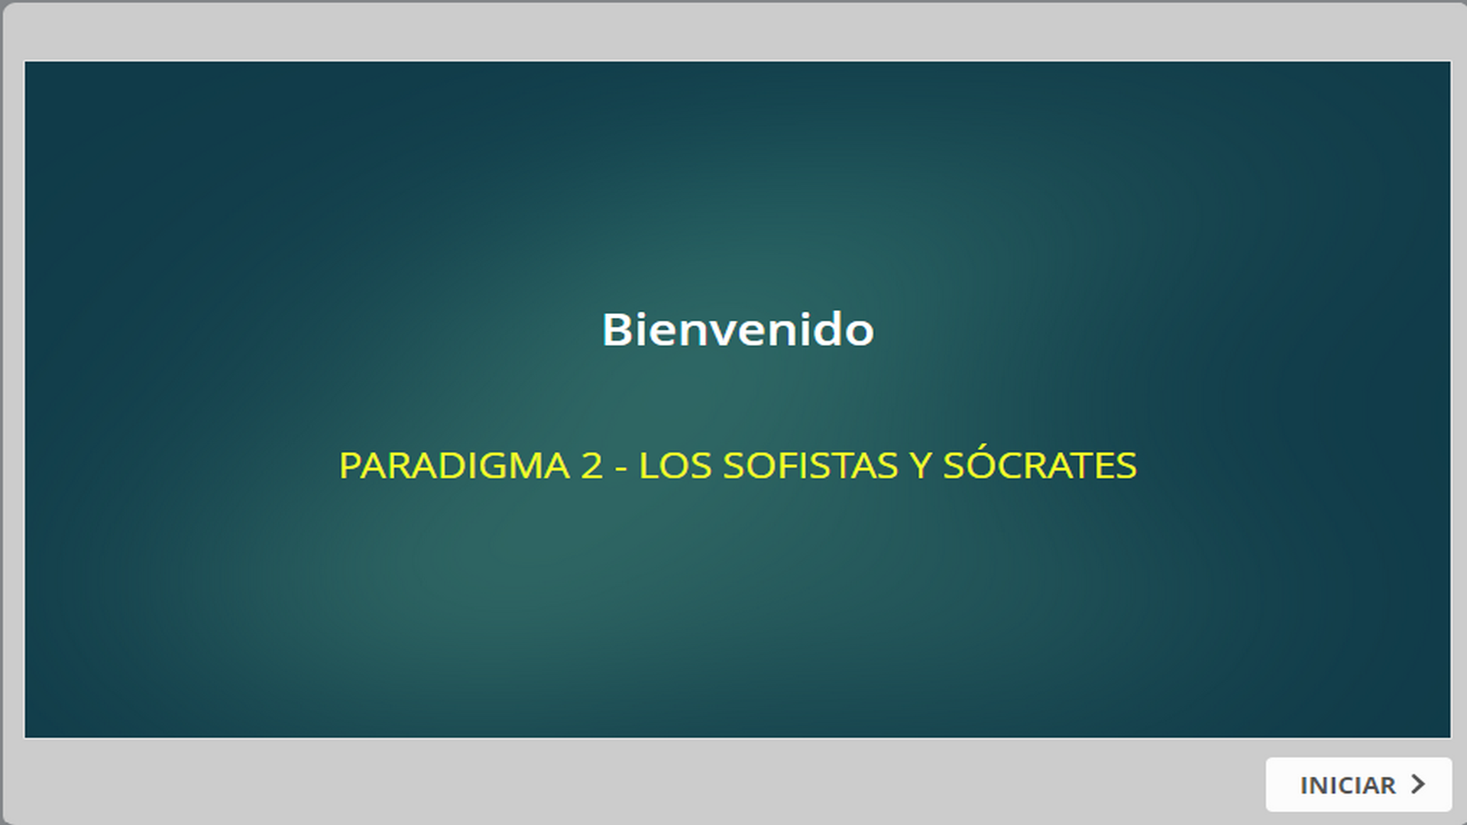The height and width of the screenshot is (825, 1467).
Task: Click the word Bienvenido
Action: [x=738, y=330]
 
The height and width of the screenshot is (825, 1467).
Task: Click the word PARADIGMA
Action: [x=455, y=466]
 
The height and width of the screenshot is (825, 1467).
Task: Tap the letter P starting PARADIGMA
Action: [x=349, y=466]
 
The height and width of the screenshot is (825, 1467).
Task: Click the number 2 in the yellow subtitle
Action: [x=591, y=466]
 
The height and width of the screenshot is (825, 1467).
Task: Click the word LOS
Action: [x=675, y=466]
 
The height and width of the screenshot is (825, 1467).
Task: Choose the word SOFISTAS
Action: [x=811, y=466]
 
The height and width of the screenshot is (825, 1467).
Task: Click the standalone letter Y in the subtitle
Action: [x=921, y=466]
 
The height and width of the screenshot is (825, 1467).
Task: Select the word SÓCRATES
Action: [x=1040, y=463]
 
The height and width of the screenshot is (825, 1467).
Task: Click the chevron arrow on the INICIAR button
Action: [x=1418, y=784]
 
